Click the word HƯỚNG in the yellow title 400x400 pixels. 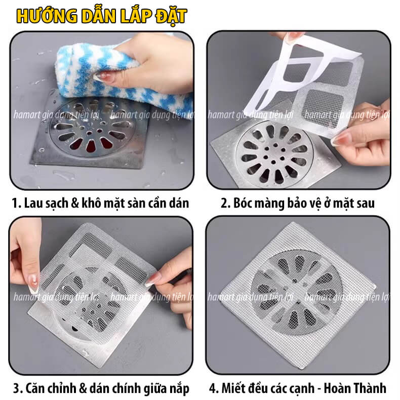pyautogui.click(x=47, y=16)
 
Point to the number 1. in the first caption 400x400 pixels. pyautogui.click(x=16, y=204)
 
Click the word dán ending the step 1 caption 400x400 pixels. pyautogui.click(x=179, y=204)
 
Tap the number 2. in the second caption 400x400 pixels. pyautogui.click(x=225, y=204)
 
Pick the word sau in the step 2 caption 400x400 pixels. pyautogui.click(x=365, y=204)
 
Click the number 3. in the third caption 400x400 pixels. pyautogui.click(x=18, y=388)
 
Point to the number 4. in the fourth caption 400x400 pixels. pyautogui.click(x=214, y=388)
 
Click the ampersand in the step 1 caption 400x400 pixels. pyautogui.click(x=75, y=204)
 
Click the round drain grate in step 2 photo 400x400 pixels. pyautogui.click(x=275, y=154)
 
